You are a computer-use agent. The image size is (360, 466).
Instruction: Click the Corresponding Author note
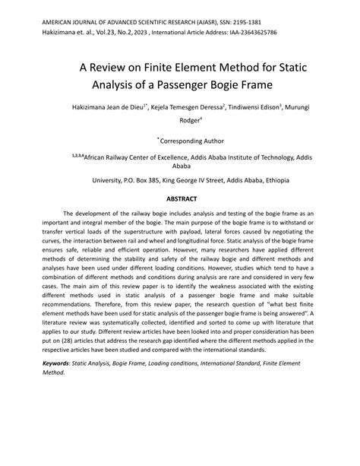(x=182, y=141)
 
